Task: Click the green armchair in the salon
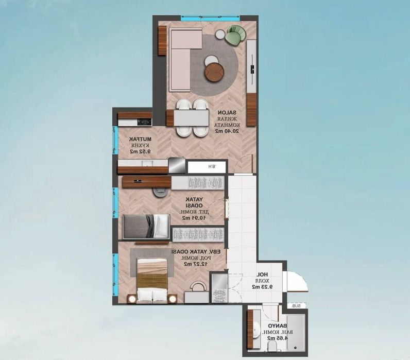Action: click(x=236, y=35)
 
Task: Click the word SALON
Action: click(x=223, y=113)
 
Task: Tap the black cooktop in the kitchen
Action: click(x=144, y=122)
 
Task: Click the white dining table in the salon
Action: click(x=191, y=118)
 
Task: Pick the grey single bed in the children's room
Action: click(x=146, y=226)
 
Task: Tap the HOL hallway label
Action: click(x=263, y=275)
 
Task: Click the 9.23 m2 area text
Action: click(x=262, y=287)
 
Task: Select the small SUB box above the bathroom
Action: click(x=296, y=306)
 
